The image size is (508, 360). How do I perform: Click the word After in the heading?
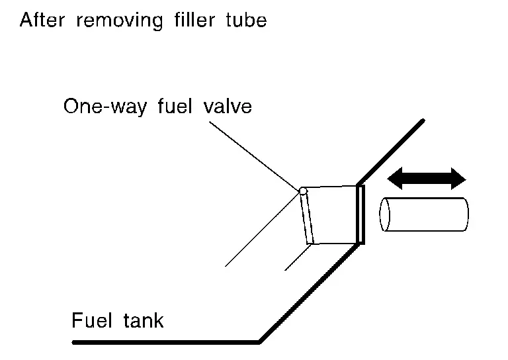click(x=42, y=20)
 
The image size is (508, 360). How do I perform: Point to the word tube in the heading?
click(x=245, y=20)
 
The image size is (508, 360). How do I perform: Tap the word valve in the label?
click(x=227, y=106)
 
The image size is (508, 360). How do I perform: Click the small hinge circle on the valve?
click(x=303, y=191)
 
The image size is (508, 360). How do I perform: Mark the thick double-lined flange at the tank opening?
click(x=360, y=214)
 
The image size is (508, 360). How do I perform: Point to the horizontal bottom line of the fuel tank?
click(x=165, y=342)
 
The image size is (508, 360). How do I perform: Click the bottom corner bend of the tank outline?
click(x=259, y=341)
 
